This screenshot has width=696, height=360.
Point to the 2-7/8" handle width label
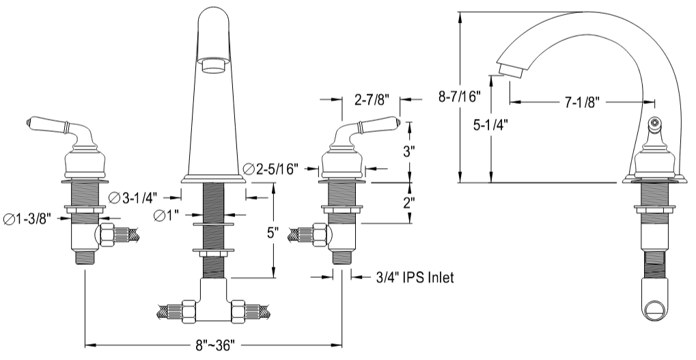pos(372,100)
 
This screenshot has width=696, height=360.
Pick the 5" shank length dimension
pos(273,232)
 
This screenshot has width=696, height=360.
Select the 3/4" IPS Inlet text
pos(415,277)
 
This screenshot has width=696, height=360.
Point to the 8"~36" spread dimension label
pos(215,346)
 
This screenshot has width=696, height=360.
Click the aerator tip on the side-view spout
pos(510,70)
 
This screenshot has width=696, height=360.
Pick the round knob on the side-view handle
pos(655,124)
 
